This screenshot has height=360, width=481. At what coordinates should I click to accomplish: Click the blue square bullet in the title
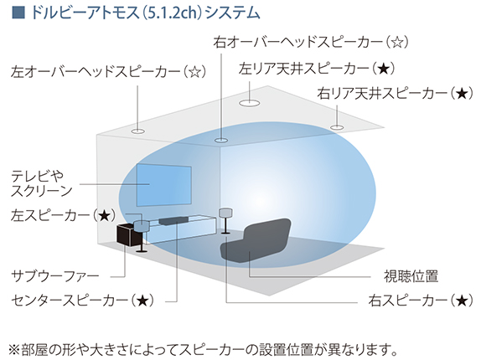[18, 13]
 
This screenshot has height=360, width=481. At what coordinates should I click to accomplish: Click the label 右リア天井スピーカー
[383, 93]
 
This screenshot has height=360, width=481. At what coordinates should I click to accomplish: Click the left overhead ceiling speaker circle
[137, 131]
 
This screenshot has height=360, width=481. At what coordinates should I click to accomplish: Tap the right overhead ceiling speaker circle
[221, 141]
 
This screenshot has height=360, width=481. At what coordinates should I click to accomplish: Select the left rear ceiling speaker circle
[250, 103]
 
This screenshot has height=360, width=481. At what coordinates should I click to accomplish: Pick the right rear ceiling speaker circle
[337, 127]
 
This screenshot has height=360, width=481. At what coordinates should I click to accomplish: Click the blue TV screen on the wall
[163, 185]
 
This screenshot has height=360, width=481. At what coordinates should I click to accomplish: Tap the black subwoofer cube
[127, 234]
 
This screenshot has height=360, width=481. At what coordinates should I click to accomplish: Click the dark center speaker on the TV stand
[173, 220]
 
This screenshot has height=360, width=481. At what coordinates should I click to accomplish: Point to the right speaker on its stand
[225, 221]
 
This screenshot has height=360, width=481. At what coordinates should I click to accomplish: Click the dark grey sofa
[256, 241]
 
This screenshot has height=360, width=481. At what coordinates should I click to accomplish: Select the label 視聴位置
[411, 276]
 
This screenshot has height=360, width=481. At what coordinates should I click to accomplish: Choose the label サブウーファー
[55, 276]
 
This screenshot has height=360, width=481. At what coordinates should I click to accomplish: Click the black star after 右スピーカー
[462, 301]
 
